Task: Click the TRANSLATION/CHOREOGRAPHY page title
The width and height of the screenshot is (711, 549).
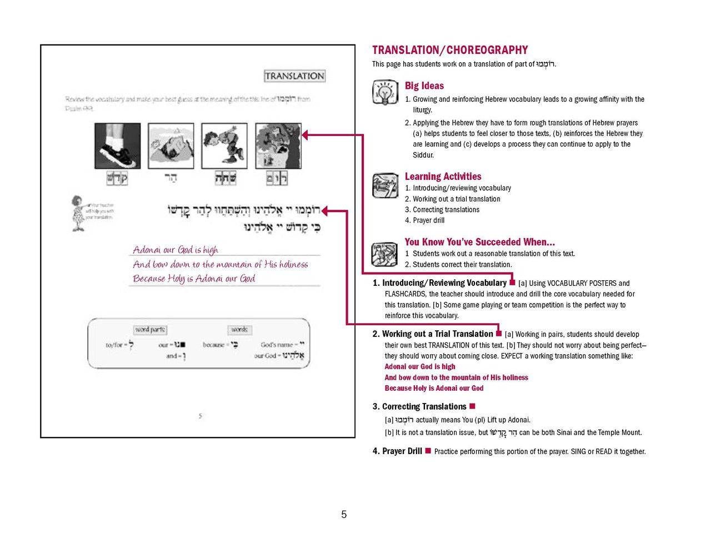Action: pos(450,50)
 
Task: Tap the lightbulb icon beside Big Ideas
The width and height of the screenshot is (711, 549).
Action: pos(385,93)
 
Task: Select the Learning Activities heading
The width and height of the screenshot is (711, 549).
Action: pos(443,177)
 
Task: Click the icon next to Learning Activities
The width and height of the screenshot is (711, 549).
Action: pos(385,185)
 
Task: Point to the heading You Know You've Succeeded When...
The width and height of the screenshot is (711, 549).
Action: pos(479,242)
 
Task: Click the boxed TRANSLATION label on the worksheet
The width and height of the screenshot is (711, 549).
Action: pos(294,76)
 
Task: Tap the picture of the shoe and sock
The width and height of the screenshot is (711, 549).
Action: pos(117,146)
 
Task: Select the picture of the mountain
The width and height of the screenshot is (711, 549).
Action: pos(171,146)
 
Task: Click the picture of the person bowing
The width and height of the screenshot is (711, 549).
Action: pos(224,146)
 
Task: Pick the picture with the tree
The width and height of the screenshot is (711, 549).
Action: pos(278,146)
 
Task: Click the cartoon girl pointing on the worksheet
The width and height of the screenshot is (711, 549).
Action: pos(78,213)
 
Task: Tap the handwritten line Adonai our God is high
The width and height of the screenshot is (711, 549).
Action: pos(176,250)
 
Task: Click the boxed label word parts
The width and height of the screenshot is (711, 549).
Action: pos(150,330)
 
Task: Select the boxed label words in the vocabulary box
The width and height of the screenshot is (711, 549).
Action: pos(239,330)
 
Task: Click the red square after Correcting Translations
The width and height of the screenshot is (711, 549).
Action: pos(473,406)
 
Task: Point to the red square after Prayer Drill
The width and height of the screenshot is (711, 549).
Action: pos(428,451)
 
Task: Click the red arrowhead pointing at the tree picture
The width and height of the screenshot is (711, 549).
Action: pos(306,134)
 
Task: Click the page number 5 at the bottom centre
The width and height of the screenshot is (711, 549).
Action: pos(344,515)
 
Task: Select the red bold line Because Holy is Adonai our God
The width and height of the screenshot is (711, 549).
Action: pos(434,388)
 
